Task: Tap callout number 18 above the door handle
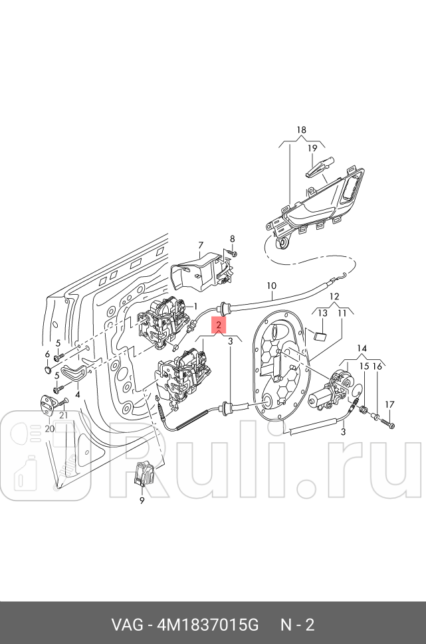tap(301, 129)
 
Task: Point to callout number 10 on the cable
tap(270, 286)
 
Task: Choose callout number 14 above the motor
tap(362, 348)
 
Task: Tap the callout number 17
tap(390, 404)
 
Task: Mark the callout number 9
tap(142, 501)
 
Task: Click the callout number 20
tap(49, 429)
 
